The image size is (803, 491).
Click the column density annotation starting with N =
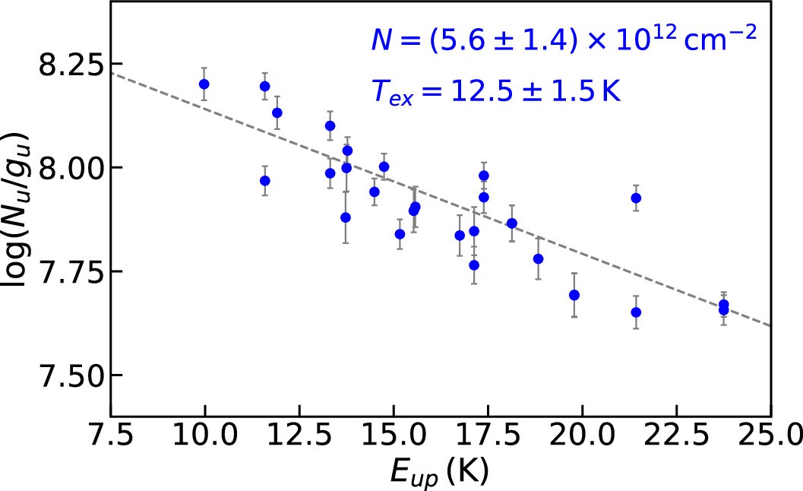pos(564,40)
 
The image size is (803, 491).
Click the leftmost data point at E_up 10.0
pos(204,84)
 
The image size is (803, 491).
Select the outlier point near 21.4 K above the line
pos(636,198)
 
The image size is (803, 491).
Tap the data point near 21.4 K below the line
pos(636,312)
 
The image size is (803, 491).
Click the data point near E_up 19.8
pos(574,295)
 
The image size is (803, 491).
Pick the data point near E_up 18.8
pos(538,258)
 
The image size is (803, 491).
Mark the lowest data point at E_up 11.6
pos(264,181)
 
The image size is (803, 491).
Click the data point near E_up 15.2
pos(400,234)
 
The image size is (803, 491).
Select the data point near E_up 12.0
pos(277,112)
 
